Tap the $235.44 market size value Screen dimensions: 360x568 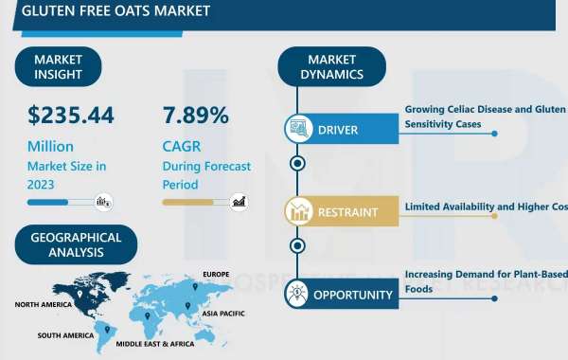click(71, 116)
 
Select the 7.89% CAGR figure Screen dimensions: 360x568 click(196, 116)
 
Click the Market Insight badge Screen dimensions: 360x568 click(58, 66)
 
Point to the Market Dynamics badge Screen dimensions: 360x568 click(331, 66)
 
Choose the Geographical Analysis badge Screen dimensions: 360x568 click(76, 244)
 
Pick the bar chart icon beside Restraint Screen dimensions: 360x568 click(299, 213)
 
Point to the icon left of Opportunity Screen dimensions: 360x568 click(299, 295)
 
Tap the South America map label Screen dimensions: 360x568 click(65, 335)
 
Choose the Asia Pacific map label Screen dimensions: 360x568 click(224, 310)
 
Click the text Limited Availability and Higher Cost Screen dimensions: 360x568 click(485, 207)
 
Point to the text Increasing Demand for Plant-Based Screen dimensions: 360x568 click(485, 275)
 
